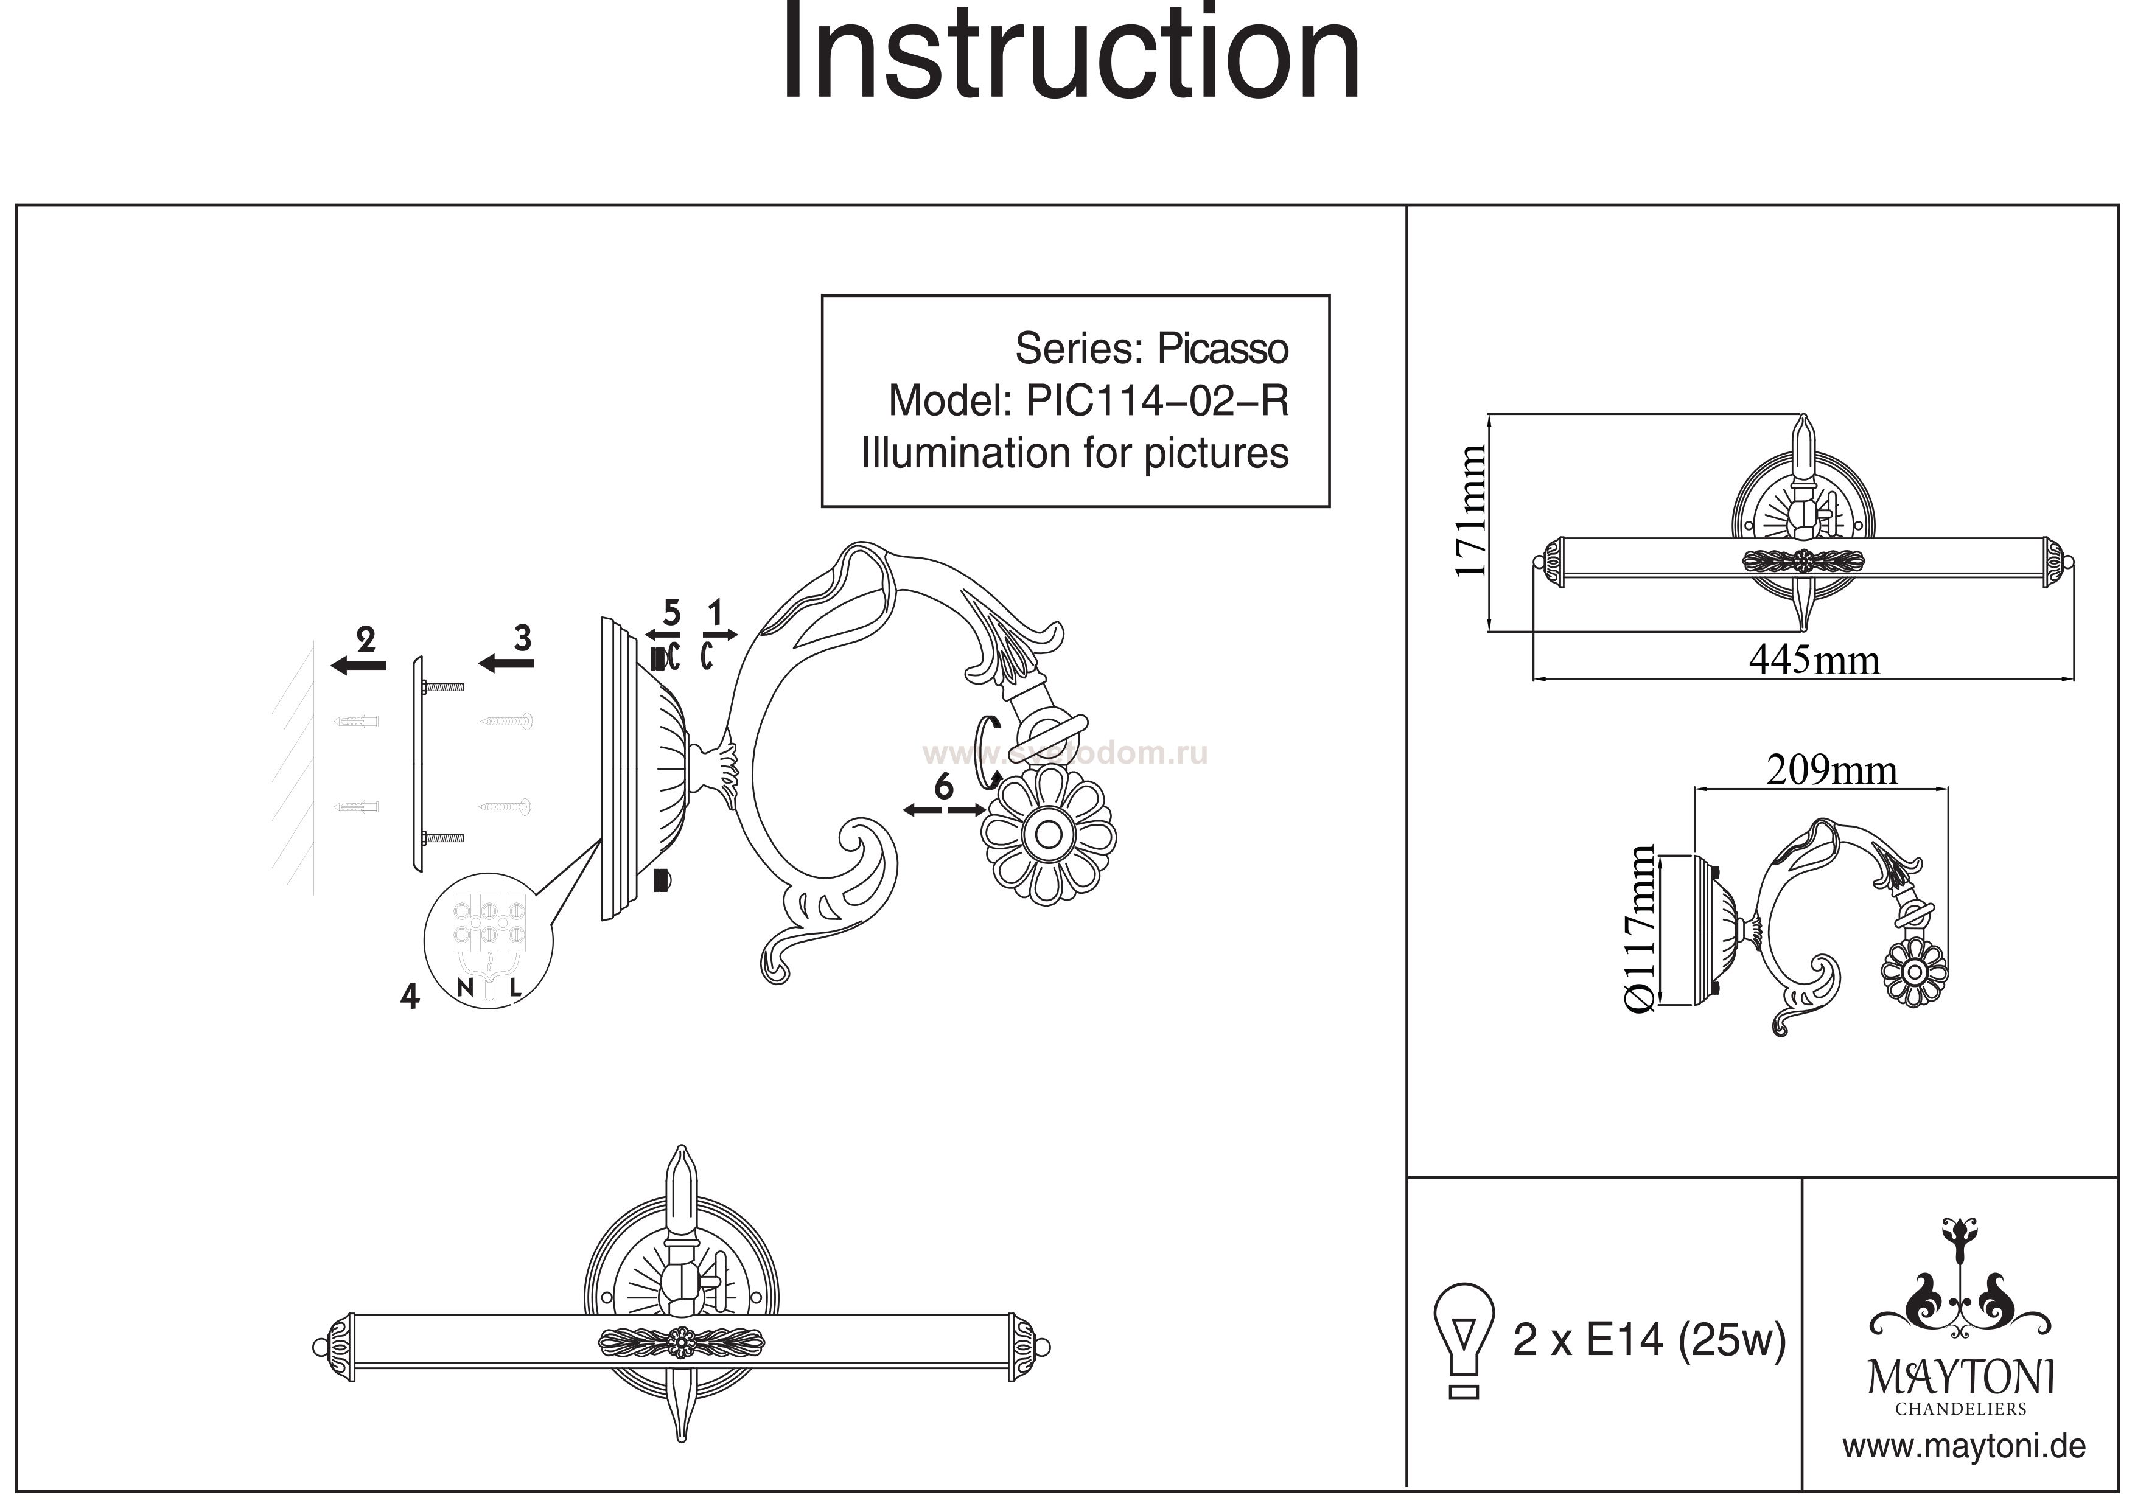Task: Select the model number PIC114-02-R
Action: click(x=1157, y=402)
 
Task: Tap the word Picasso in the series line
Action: click(x=1222, y=350)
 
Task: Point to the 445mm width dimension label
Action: click(x=1813, y=660)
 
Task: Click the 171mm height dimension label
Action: click(x=1470, y=511)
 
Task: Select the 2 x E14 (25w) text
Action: click(x=1649, y=1340)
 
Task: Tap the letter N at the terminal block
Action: click(x=466, y=986)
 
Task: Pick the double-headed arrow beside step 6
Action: click(x=944, y=810)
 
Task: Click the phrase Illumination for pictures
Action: click(x=1075, y=454)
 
